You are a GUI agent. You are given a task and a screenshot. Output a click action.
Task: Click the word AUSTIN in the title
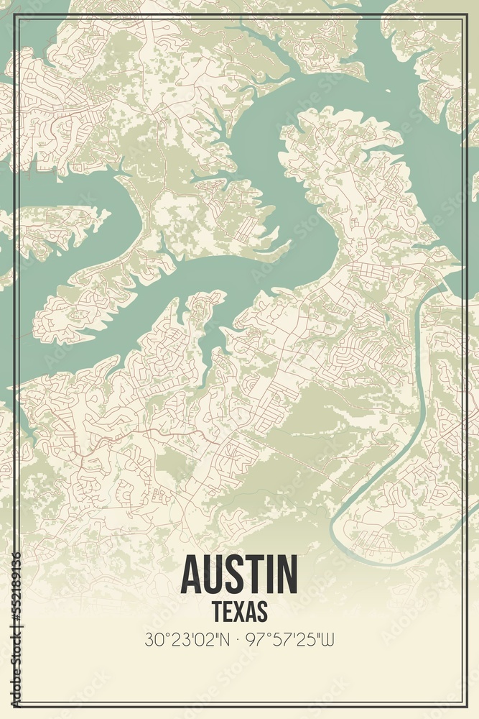coord(239,573)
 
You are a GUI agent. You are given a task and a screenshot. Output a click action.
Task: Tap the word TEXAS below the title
coord(240,610)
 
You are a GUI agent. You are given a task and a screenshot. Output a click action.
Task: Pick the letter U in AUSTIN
coord(218,573)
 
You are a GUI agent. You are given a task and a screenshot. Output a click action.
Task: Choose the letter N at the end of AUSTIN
coord(287,573)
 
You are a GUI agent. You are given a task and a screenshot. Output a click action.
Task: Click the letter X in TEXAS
coord(240,610)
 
